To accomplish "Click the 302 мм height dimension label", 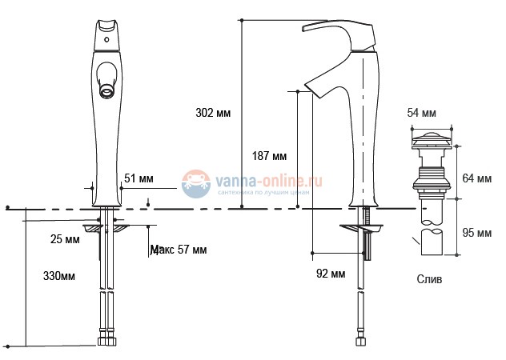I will click(213, 113).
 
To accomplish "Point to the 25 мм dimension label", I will click(64, 239).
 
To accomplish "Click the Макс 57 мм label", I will click(179, 250).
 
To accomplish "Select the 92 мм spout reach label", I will click(331, 274).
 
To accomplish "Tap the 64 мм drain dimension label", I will click(478, 178).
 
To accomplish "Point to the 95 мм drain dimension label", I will click(478, 233).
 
